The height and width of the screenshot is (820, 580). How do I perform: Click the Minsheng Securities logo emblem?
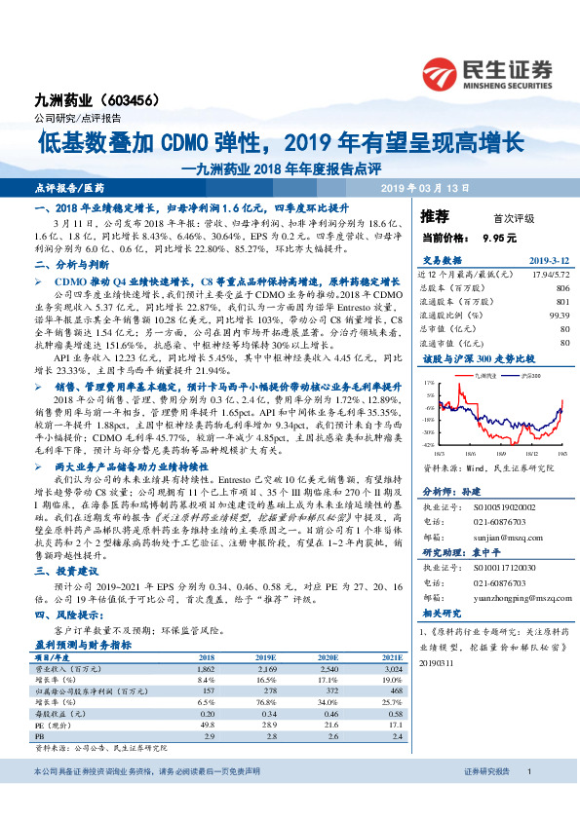point(445,71)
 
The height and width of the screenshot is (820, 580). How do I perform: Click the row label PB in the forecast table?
point(40,737)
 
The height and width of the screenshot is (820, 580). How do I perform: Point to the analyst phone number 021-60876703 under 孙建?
point(487,521)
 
